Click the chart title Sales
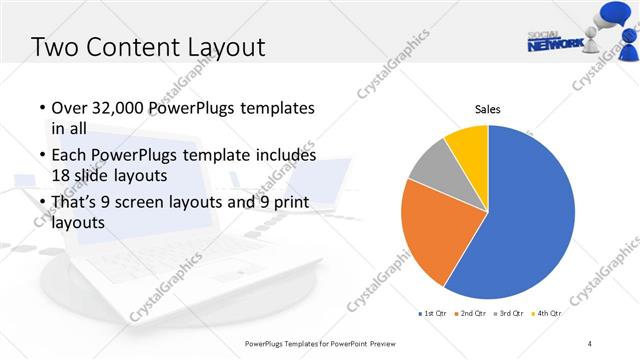pyautogui.click(x=487, y=109)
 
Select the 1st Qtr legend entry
pyautogui.click(x=434, y=314)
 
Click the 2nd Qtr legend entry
pyautogui.click(x=471, y=314)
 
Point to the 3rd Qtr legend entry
pyautogui.click(x=509, y=314)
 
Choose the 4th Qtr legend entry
pyautogui.click(x=546, y=314)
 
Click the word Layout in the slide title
pyautogui.click(x=226, y=47)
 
